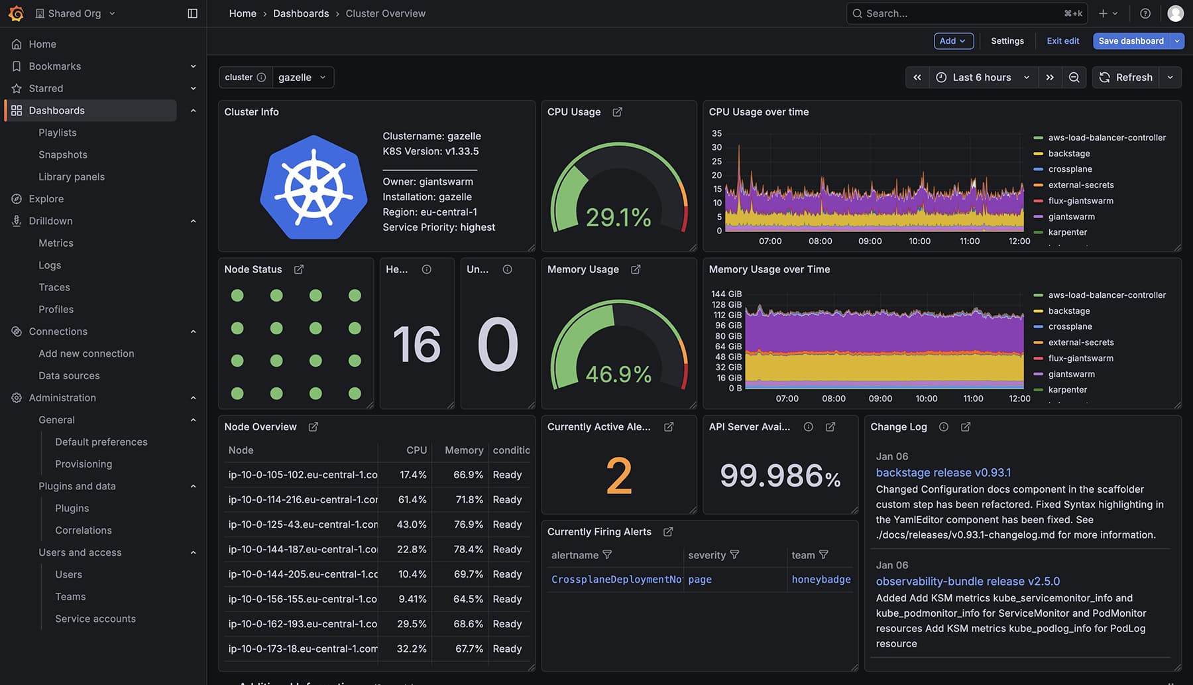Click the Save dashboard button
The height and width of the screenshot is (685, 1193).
(x=1131, y=41)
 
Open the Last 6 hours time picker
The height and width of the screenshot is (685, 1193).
(x=982, y=78)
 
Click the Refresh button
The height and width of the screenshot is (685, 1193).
(x=1126, y=78)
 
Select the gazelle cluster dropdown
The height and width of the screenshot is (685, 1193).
(x=302, y=78)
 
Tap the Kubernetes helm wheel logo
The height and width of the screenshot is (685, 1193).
(x=313, y=187)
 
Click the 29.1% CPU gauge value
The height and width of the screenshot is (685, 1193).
(x=618, y=218)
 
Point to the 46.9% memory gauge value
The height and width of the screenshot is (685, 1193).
(x=618, y=375)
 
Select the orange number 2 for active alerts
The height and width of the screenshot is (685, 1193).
(x=618, y=476)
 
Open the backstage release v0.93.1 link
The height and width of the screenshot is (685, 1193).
(x=943, y=473)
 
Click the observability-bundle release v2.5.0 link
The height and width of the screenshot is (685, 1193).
(x=968, y=582)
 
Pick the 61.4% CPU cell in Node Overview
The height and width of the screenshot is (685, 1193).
(x=412, y=500)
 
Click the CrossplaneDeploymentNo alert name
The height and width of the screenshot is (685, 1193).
(x=616, y=580)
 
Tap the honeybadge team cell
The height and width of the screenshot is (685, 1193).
(x=821, y=580)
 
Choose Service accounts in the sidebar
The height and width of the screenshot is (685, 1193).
(x=95, y=619)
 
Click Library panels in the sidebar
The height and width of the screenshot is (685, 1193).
(x=72, y=177)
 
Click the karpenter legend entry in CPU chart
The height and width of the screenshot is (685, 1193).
(x=1067, y=233)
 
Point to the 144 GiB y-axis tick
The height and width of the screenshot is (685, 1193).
(x=726, y=294)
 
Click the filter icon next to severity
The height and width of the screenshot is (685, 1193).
(x=734, y=555)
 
